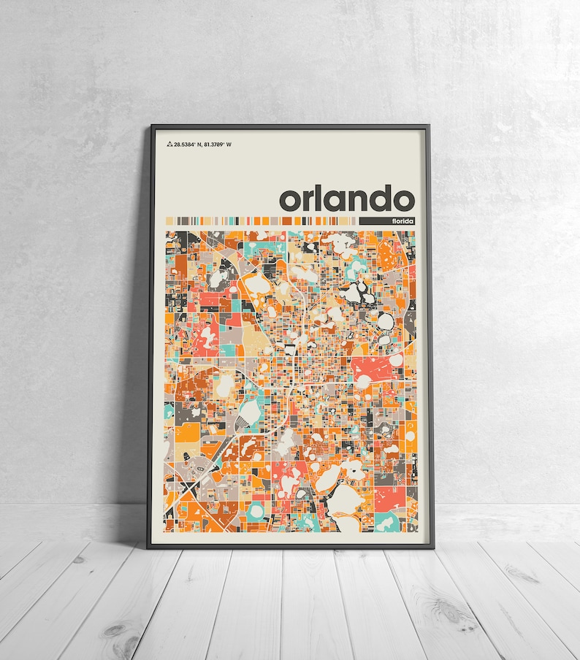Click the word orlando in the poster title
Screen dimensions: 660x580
click(347, 199)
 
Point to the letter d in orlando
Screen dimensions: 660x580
click(378, 198)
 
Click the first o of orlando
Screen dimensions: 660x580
click(289, 201)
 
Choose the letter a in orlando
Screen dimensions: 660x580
click(332, 201)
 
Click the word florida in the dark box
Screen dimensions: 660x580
click(402, 220)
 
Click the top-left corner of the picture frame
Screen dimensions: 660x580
click(151, 126)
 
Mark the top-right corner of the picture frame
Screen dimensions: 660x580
click(429, 126)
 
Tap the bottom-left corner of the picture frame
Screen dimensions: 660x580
click(148, 547)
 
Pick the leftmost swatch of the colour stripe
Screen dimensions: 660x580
click(168, 220)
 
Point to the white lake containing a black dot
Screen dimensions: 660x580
click(354, 472)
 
